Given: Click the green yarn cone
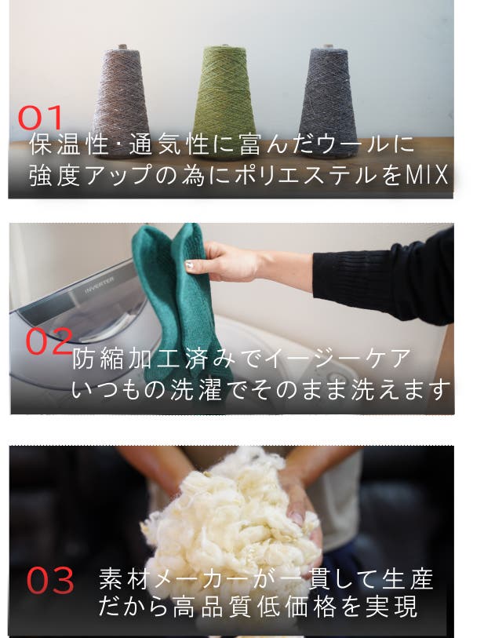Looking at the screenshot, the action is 224,100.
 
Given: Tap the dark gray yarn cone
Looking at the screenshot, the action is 328,100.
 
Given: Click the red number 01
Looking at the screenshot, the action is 40,118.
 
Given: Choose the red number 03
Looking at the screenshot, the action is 50,580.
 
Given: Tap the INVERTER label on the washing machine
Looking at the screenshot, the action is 100,285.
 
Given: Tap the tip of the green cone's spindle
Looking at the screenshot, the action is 224,45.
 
